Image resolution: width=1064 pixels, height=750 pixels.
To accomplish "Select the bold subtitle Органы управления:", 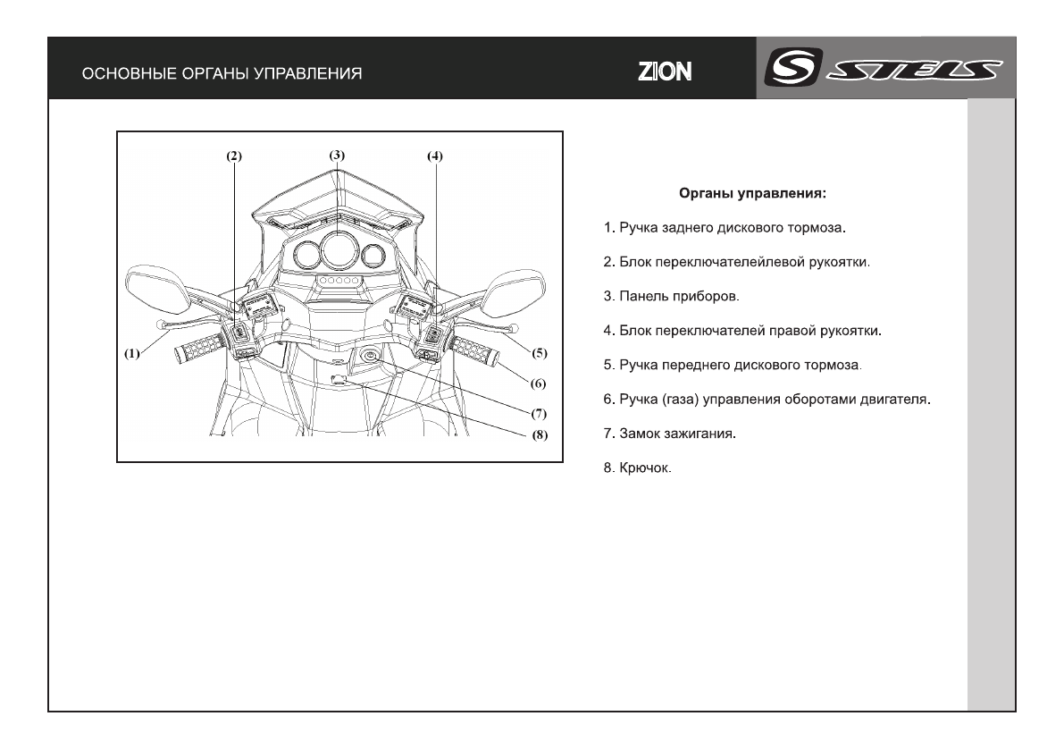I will [756, 192].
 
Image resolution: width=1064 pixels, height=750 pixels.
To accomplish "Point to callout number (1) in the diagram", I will [132, 352].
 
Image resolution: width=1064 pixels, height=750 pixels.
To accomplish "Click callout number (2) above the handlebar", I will [233, 156].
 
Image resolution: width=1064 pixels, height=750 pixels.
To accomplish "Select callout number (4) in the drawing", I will [434, 156].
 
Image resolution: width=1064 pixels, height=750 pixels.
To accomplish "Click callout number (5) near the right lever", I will [539, 352].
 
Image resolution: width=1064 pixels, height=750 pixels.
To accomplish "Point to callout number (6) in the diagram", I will [538, 383].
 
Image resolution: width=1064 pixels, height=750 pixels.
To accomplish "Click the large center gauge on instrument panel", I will [338, 249].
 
